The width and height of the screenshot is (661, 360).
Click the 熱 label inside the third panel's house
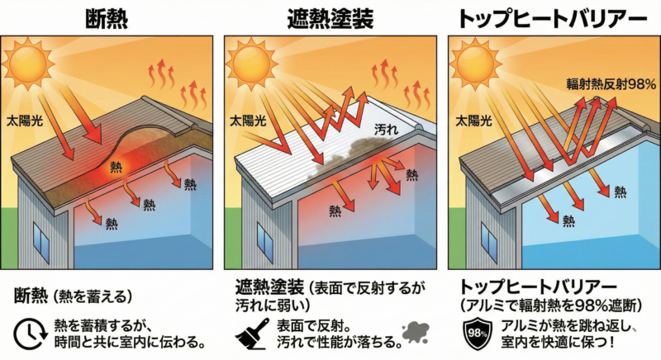coord(568,220)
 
